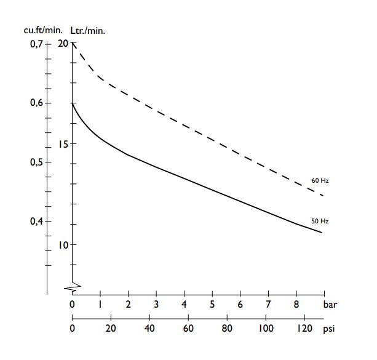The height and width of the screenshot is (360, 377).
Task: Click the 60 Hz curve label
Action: click(x=320, y=181)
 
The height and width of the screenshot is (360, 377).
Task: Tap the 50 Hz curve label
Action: click(x=320, y=220)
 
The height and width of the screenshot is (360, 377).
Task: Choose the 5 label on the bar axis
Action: click(x=212, y=304)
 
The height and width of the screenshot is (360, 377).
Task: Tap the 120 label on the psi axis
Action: click(x=304, y=329)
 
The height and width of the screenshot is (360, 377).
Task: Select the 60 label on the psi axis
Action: click(x=188, y=329)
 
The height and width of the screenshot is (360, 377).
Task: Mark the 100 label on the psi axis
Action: click(x=266, y=329)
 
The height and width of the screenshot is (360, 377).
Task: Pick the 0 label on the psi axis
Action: click(x=73, y=329)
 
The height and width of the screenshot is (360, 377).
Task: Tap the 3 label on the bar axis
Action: click(x=156, y=304)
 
